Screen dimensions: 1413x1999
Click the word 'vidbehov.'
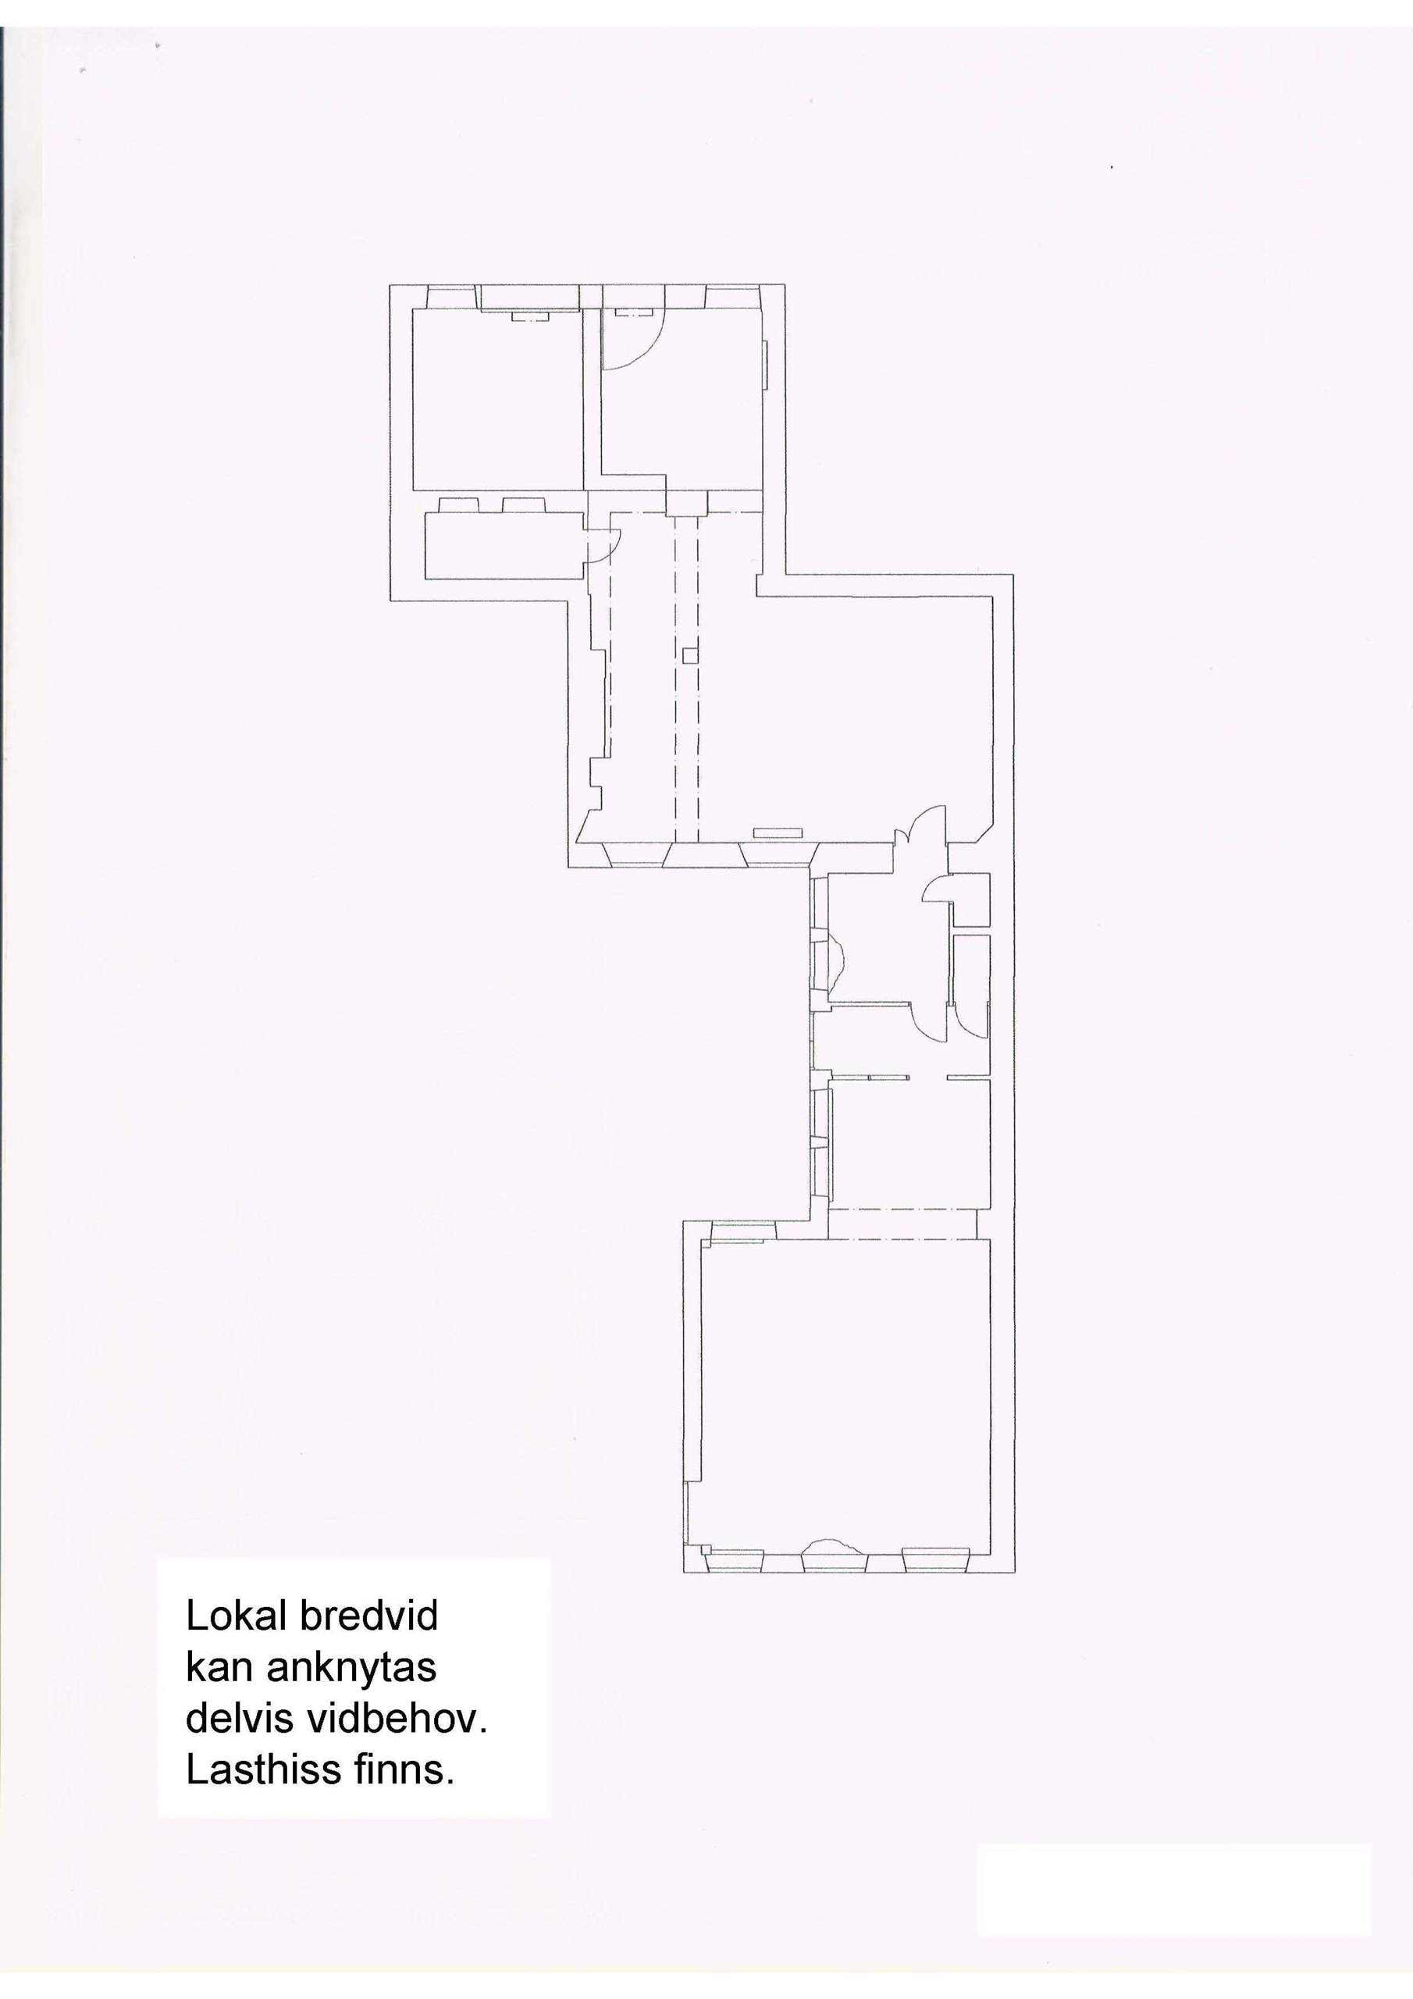point(394,1721)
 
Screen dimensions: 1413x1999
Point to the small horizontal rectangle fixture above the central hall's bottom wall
point(778,832)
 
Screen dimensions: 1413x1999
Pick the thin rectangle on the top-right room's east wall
point(766,365)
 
